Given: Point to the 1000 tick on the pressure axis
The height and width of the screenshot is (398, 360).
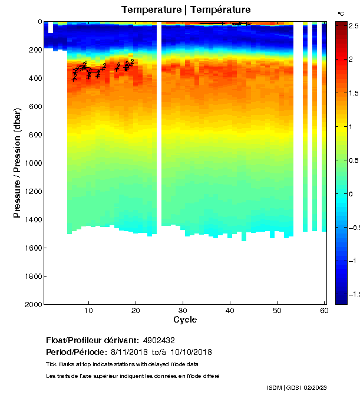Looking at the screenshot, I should coord(34,163).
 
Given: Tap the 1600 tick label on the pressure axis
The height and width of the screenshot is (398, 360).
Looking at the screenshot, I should coord(34,248).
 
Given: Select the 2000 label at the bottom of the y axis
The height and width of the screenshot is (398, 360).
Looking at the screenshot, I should coord(34,304).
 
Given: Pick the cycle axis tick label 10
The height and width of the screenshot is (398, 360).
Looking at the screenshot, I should coord(88,311).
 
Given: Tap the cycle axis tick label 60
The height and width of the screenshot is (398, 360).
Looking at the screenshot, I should coord(323,311).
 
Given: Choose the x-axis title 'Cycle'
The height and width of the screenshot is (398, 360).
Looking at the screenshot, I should coord(185,320).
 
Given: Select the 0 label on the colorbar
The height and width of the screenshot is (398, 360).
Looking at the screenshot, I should coord(351,194).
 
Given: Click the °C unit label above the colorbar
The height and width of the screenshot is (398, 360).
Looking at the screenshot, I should coord(341,13).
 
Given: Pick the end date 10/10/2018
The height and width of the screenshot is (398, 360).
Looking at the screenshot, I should coord(190,353).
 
